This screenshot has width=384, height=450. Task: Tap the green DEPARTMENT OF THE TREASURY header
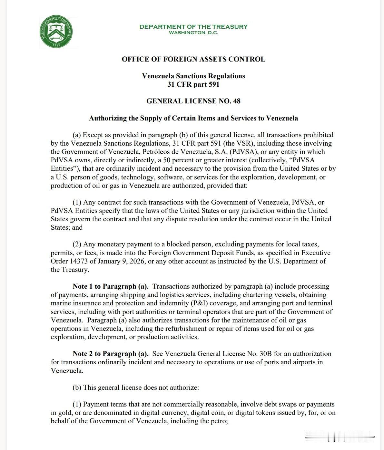[x=193, y=27]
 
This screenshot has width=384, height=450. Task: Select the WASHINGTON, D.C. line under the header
[x=193, y=33]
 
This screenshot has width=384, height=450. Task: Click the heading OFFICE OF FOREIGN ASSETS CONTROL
[x=193, y=59]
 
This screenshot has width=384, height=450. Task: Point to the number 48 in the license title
[x=237, y=101]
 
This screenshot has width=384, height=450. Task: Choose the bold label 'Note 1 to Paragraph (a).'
[x=111, y=286]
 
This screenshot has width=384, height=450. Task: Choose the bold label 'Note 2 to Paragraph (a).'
[x=111, y=354]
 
